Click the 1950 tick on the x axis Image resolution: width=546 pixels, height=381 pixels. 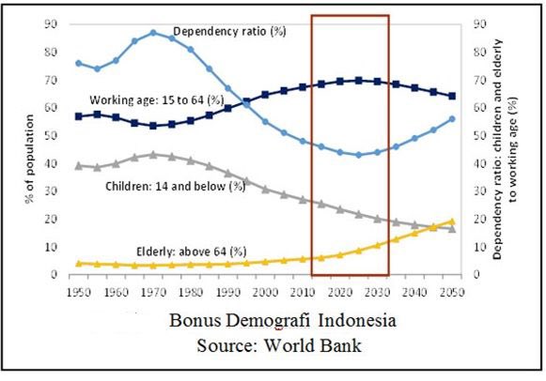point(79,292)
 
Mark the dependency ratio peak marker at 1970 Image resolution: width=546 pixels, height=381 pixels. point(153,33)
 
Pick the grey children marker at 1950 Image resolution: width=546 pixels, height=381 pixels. point(79,165)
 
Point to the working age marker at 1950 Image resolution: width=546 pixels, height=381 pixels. point(79,116)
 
